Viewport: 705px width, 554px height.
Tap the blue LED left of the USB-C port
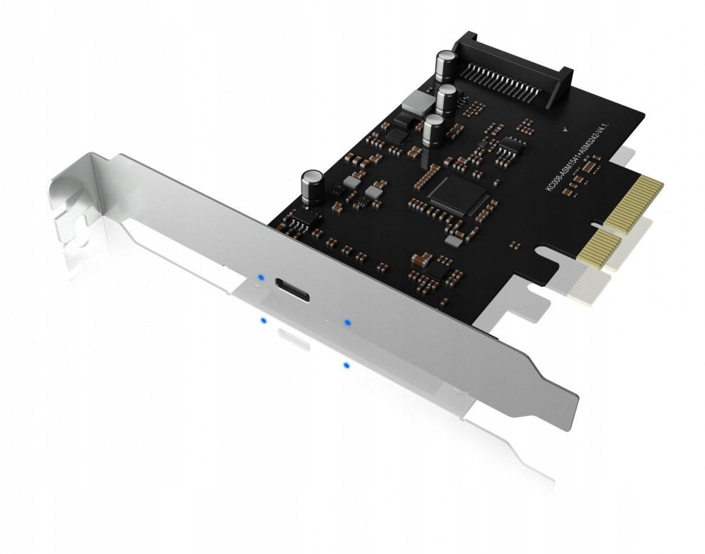coord(260,276)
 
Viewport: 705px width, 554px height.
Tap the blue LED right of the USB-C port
coord(347,323)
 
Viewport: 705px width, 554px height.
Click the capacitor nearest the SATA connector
coord(443,66)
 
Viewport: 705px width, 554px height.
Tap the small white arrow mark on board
coord(565,130)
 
